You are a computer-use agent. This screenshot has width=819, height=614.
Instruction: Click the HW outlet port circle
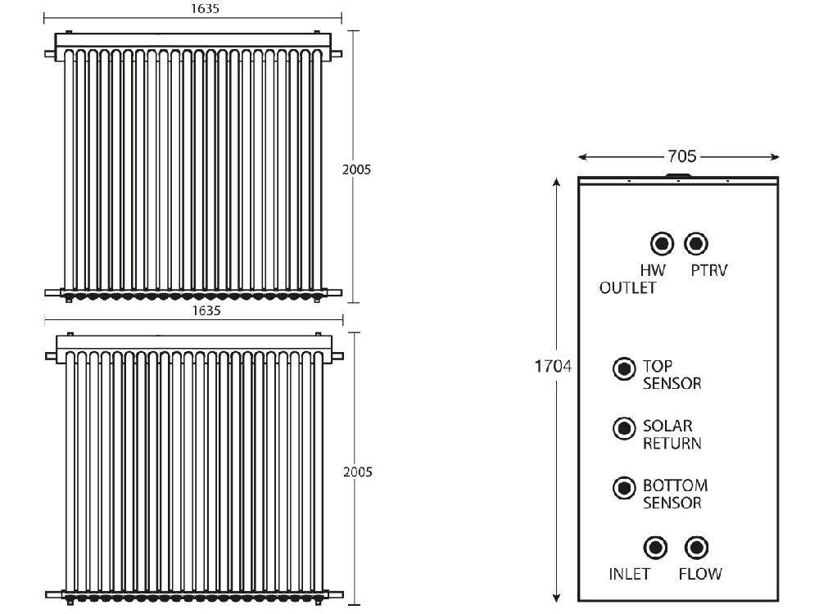(x=663, y=243)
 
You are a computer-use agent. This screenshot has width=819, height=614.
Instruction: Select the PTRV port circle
(x=696, y=243)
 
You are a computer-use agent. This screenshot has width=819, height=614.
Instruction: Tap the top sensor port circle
(x=624, y=368)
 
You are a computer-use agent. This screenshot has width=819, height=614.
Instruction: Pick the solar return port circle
(x=624, y=428)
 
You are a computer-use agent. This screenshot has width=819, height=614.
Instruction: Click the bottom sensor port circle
(x=624, y=488)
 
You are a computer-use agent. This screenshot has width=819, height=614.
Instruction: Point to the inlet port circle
(x=655, y=548)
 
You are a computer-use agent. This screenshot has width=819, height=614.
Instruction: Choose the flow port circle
(x=696, y=548)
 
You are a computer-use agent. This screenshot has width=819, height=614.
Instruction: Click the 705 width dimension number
(x=682, y=156)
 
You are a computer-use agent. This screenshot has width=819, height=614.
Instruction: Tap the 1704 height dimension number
(x=553, y=366)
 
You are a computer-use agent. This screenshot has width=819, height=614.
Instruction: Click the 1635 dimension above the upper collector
(x=205, y=9)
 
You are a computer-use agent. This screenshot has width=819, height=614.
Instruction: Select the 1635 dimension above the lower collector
(x=206, y=310)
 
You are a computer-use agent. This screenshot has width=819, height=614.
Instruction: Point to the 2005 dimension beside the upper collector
(x=357, y=169)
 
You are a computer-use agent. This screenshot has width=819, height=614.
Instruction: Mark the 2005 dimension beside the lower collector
(x=358, y=472)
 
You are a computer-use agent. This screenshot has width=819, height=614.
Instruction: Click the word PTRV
(x=708, y=270)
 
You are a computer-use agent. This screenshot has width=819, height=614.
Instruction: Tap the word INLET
(x=629, y=574)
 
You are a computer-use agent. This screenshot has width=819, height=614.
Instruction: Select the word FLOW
(x=700, y=574)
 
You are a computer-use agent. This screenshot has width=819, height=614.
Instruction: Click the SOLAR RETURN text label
(x=672, y=435)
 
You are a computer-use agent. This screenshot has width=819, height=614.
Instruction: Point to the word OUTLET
(x=627, y=287)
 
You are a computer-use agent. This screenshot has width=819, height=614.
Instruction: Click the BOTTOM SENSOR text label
(x=675, y=494)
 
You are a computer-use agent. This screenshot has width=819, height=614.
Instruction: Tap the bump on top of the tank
(x=678, y=175)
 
